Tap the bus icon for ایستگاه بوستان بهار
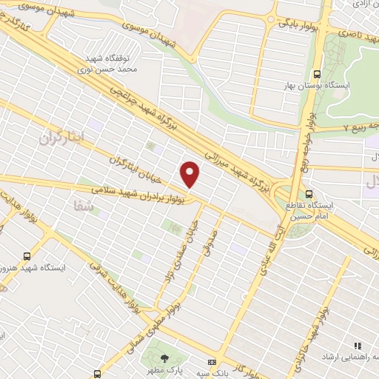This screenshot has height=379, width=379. tap(317, 73)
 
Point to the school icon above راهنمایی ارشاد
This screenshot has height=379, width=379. tap(357, 345)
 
